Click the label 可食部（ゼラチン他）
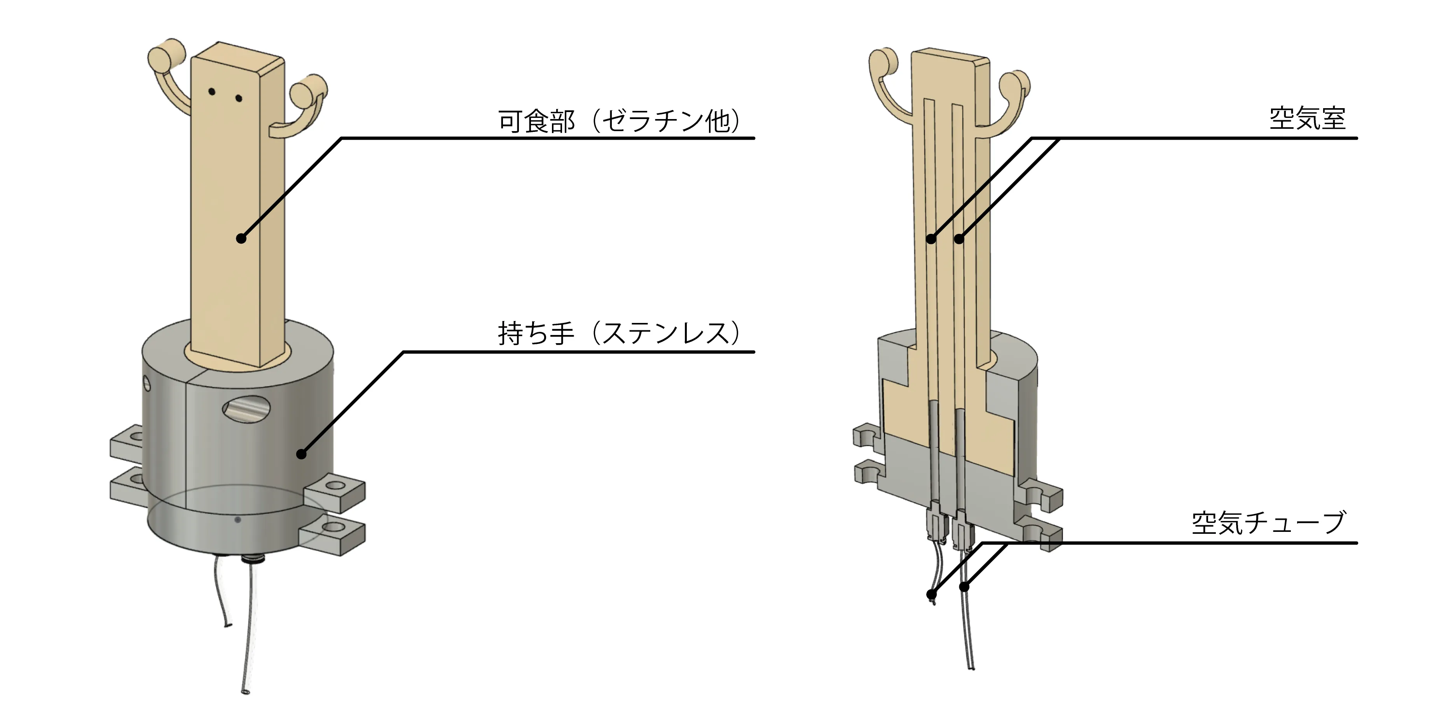pyautogui.click(x=619, y=121)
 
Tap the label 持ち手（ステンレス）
pyautogui.click(x=619, y=334)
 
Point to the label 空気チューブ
pyautogui.click(x=1268, y=523)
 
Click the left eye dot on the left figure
pyautogui.click(x=212, y=91)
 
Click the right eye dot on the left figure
pyautogui.click(x=238, y=99)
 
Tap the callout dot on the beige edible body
pyautogui.click(x=241, y=239)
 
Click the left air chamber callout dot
pyautogui.click(x=931, y=239)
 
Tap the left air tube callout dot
pyautogui.click(x=931, y=594)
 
